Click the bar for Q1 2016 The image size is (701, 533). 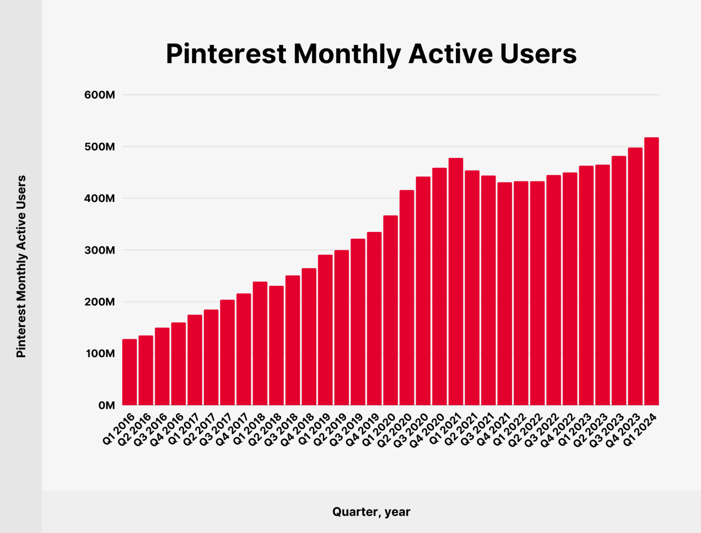click(130, 372)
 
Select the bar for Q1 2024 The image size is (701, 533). click(651, 271)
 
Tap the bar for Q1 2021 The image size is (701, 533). click(455, 281)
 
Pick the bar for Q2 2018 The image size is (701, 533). click(276, 345)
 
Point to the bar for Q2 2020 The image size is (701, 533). click(407, 297)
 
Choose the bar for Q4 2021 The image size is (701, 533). click(505, 294)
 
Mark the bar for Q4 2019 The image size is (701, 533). click(374, 318)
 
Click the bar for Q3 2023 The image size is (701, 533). click(619, 280)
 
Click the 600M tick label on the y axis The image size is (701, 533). click(99, 95)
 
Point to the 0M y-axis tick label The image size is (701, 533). click(106, 406)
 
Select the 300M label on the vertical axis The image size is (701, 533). click(99, 250)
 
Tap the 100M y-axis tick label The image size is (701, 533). click(99, 354)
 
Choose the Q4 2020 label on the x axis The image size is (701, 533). click(428, 430)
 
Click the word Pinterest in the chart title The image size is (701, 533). click(225, 54)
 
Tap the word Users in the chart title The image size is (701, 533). click(538, 54)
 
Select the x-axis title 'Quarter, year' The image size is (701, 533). click(371, 512)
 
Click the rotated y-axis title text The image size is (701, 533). click(21, 266)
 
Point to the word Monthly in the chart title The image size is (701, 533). click(347, 54)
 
